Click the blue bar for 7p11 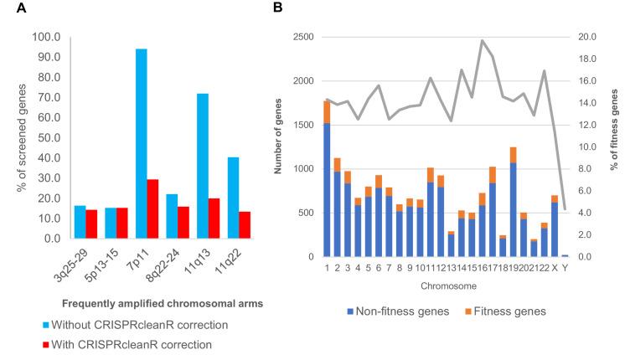142,143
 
